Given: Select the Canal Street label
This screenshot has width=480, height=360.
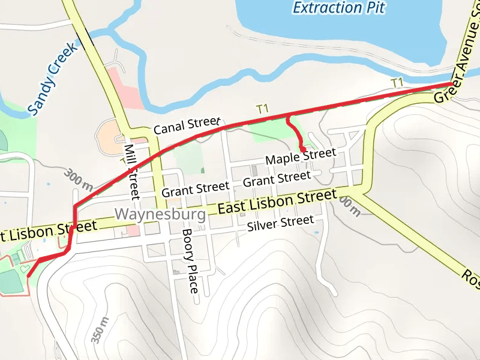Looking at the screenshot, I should (x=187, y=125).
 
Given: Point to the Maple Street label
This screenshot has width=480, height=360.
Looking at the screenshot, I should (x=301, y=157).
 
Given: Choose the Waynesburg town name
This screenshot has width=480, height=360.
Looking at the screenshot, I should (x=160, y=214).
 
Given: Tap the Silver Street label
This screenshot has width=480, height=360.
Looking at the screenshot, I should (x=280, y=224).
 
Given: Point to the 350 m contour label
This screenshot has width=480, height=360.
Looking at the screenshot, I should (x=100, y=330).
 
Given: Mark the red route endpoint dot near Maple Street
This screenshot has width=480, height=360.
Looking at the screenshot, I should (x=303, y=149).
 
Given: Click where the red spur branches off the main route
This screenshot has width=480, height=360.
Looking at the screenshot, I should (x=288, y=115).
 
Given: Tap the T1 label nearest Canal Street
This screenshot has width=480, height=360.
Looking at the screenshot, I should (x=262, y=109).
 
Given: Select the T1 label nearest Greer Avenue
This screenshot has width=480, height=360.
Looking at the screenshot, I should (x=397, y=82).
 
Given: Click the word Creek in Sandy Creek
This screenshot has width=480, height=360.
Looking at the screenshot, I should (x=64, y=62).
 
